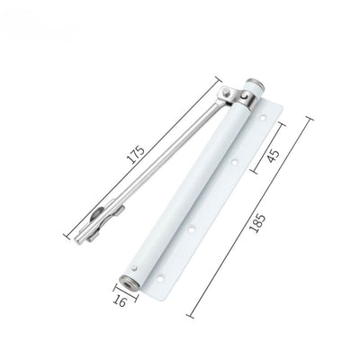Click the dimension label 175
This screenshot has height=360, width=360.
(136, 155)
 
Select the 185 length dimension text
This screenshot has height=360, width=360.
(257, 223)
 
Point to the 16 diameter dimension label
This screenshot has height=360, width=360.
(120, 301)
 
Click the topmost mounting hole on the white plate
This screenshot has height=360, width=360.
(263, 119)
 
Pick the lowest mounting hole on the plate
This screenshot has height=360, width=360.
(160, 278)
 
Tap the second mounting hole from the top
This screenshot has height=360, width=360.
(234, 163)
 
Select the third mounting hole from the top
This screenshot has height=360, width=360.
(192, 230)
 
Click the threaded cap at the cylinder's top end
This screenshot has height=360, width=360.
(255, 85)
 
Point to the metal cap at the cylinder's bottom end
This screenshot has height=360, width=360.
(129, 283)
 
